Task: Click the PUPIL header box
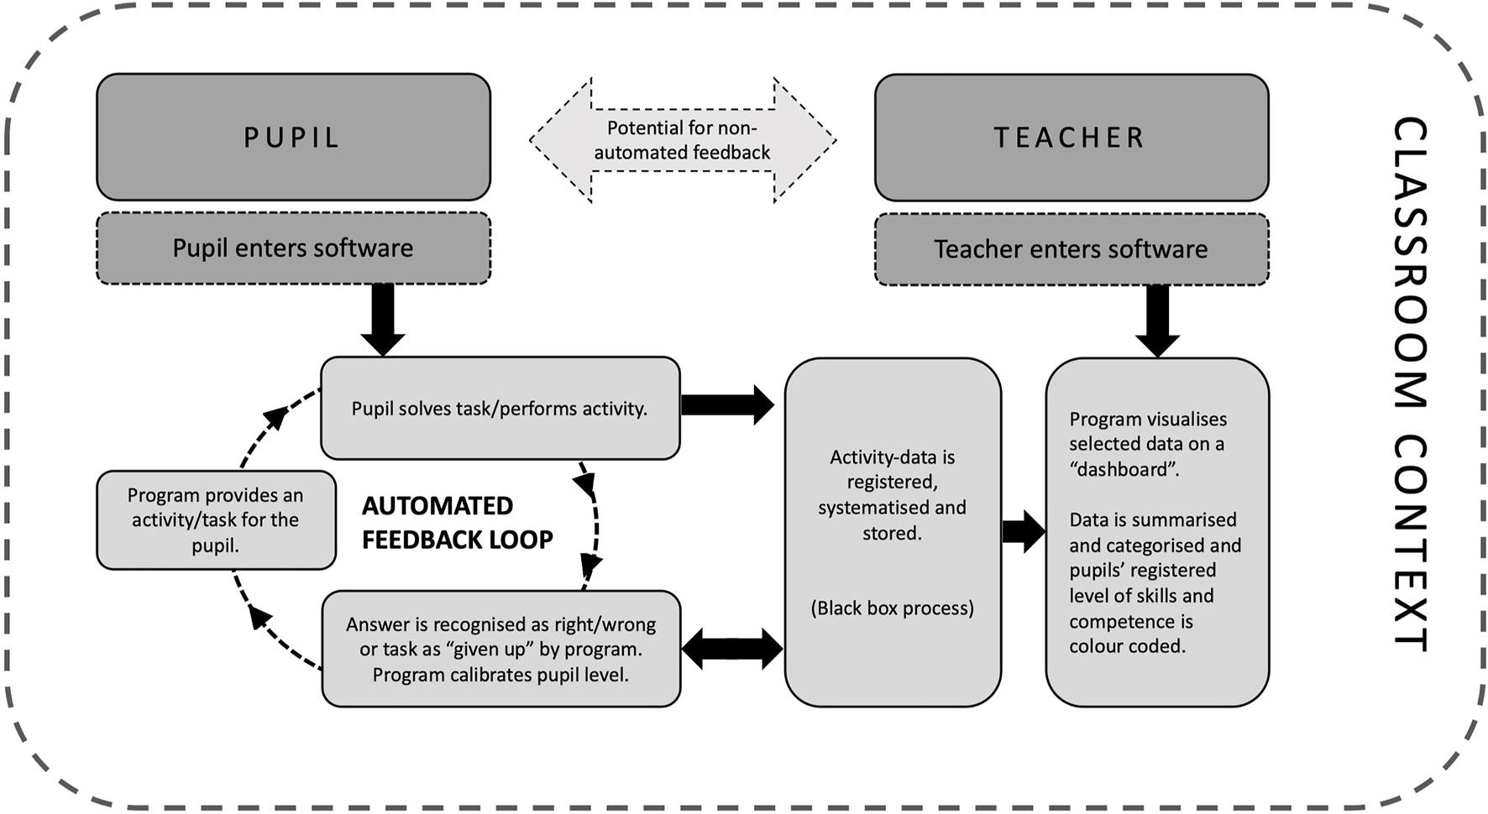tap(293, 137)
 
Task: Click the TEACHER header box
tap(1071, 138)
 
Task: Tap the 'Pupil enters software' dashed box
tap(293, 248)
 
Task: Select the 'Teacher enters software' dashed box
tap(1071, 249)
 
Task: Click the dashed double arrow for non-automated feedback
tap(682, 140)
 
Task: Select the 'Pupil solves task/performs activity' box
tap(500, 409)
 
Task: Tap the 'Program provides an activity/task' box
tap(216, 520)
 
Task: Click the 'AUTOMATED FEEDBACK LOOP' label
tap(457, 523)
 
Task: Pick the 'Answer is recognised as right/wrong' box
tap(500, 649)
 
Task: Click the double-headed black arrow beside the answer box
tap(732, 649)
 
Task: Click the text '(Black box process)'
tap(892, 608)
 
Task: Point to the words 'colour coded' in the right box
tap(1127, 647)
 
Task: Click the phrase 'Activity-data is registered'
tap(892, 470)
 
